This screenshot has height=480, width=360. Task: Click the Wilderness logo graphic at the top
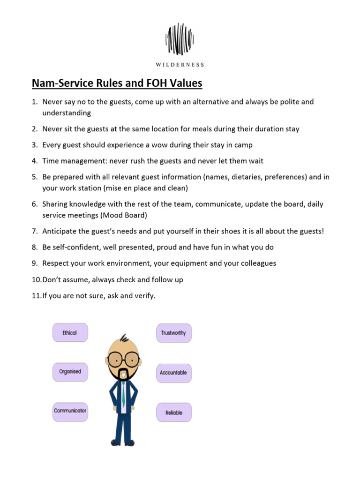point(180,39)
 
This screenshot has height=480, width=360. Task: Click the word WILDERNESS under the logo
point(180,65)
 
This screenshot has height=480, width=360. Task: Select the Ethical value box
point(69,332)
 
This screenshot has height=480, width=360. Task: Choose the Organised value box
point(70,372)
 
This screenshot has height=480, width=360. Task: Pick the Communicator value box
point(70,411)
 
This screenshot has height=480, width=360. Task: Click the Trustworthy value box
point(173,333)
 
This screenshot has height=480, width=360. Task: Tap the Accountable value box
point(173,373)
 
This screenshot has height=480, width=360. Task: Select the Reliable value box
point(173,412)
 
